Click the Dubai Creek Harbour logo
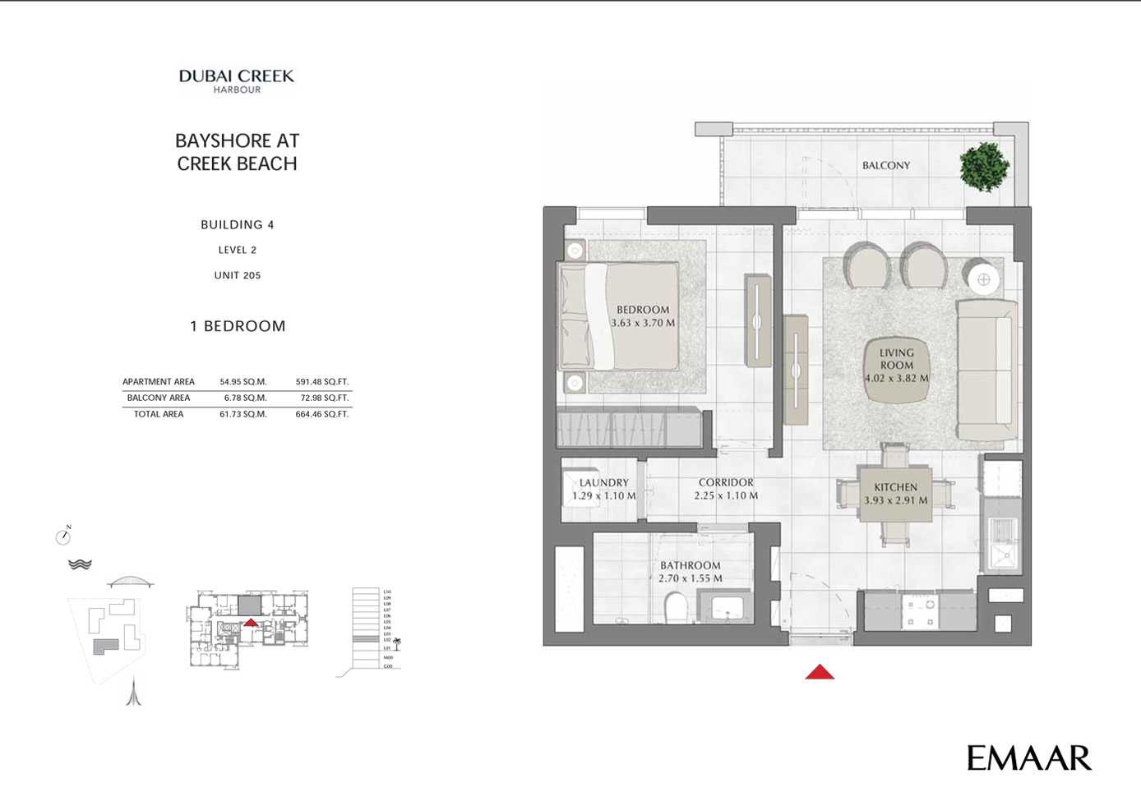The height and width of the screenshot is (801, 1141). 237,81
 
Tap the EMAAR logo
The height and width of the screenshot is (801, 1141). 1028,758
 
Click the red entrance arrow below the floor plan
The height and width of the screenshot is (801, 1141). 820,673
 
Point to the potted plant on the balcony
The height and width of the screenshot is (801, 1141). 984,167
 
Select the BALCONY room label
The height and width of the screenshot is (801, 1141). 885,165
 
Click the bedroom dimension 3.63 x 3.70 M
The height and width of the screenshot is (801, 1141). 643,323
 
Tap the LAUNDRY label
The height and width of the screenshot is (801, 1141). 603,483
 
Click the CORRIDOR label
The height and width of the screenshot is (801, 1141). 726,483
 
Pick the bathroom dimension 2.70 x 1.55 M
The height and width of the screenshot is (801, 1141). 691,578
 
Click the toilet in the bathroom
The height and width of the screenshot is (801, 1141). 675,609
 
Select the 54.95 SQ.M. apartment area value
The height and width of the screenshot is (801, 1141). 243,382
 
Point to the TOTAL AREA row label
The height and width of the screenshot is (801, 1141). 159,414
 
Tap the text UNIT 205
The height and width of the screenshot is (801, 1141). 238,275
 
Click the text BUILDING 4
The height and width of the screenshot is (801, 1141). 238,224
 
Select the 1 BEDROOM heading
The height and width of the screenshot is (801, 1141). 238,326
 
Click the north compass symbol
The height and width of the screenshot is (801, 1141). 63,536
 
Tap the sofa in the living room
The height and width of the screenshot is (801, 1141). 986,371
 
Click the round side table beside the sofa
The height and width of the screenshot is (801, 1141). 983,279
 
